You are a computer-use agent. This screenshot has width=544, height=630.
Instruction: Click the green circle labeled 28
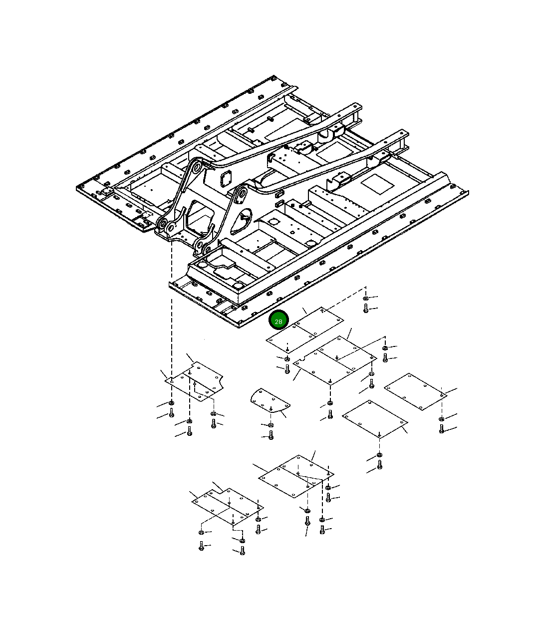[x=278, y=319]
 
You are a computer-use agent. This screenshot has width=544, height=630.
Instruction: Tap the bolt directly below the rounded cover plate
[x=271, y=435]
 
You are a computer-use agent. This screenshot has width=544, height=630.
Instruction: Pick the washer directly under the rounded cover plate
[x=271, y=425]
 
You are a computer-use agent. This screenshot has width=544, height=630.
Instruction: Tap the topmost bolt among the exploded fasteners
[x=366, y=308]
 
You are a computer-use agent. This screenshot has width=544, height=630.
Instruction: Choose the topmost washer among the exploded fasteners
[x=366, y=298]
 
